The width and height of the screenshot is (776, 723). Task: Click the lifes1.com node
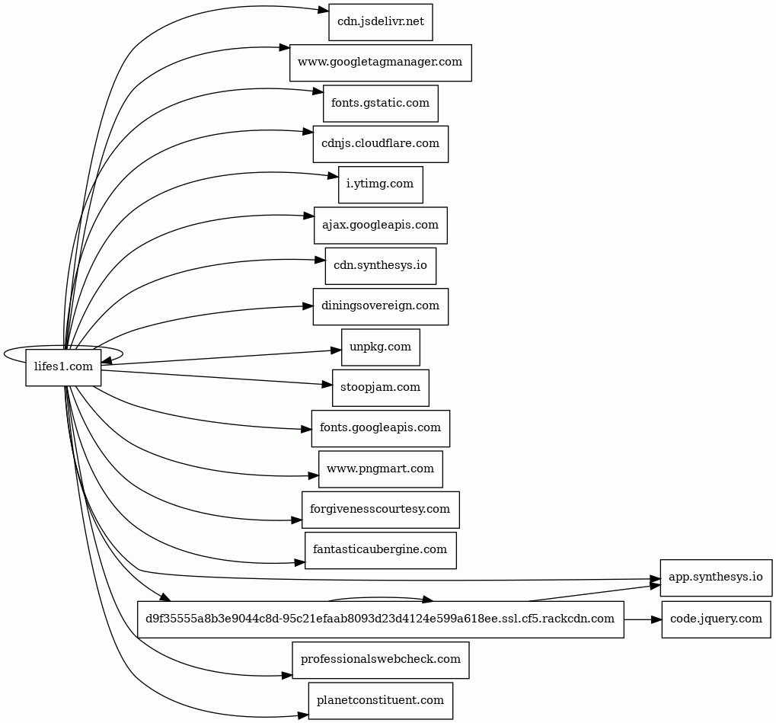point(63,367)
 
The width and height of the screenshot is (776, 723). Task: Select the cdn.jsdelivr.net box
point(381,22)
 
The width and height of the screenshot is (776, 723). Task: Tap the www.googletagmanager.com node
point(381,62)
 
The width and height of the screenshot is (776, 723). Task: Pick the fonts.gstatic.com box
point(381,103)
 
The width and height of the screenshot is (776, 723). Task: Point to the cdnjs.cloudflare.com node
point(381,144)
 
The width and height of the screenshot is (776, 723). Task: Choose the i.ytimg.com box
point(381,184)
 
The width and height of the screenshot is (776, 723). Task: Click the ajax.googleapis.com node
point(381,225)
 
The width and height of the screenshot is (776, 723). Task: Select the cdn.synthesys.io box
point(381,266)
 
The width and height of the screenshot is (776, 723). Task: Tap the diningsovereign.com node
point(381,306)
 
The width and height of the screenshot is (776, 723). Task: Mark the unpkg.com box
point(381,347)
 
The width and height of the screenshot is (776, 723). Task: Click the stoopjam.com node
point(381,388)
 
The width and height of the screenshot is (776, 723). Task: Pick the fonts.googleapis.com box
point(381,428)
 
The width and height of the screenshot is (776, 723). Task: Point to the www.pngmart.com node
point(381,469)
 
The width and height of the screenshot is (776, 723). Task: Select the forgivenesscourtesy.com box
point(381,510)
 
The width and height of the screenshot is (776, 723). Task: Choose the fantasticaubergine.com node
point(381,550)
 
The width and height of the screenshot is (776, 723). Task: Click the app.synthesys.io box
point(716,577)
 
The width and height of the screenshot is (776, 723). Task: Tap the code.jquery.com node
point(716,619)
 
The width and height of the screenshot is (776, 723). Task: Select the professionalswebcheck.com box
point(381,660)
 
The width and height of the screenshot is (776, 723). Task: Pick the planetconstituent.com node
point(381,700)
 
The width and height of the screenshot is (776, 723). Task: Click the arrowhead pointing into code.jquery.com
point(656,619)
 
